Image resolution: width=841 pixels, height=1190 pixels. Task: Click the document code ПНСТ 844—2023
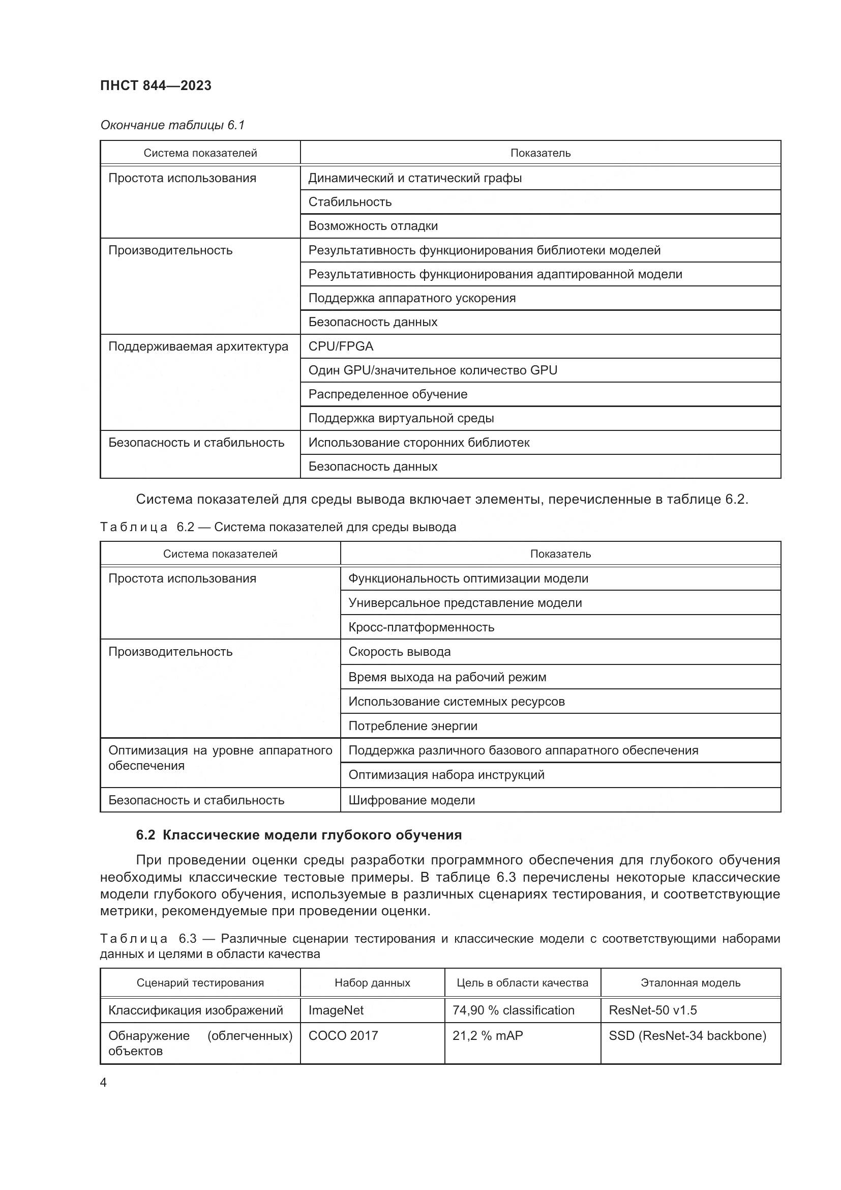(156, 85)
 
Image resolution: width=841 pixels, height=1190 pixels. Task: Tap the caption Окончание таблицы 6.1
(172, 125)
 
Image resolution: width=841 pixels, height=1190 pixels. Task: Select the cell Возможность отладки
(373, 226)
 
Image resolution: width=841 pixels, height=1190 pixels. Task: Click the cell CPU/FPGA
(341, 346)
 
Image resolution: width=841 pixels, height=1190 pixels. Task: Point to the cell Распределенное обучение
(388, 394)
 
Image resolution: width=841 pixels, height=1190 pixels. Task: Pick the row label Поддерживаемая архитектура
(198, 346)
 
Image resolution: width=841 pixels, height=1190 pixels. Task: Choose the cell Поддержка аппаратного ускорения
(412, 298)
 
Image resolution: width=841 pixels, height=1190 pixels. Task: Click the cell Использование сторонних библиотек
(419, 442)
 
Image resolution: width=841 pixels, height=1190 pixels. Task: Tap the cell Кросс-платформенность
(421, 627)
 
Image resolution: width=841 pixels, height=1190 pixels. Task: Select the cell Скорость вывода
(399, 652)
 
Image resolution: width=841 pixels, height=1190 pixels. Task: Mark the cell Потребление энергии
(413, 725)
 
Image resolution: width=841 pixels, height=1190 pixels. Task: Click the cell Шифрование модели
(411, 800)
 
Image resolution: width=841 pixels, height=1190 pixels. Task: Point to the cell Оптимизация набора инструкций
(446, 775)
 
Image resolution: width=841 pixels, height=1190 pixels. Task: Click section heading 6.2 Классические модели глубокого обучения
(299, 835)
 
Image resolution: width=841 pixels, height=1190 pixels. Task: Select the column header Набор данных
(372, 983)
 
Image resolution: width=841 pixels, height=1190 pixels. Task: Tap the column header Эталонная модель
(690, 983)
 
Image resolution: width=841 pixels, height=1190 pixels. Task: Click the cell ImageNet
(336, 1010)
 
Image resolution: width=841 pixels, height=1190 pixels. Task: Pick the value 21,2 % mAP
(487, 1035)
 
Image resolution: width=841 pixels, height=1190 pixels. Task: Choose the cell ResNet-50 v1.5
(652, 1010)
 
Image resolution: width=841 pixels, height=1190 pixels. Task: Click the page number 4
(103, 1083)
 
